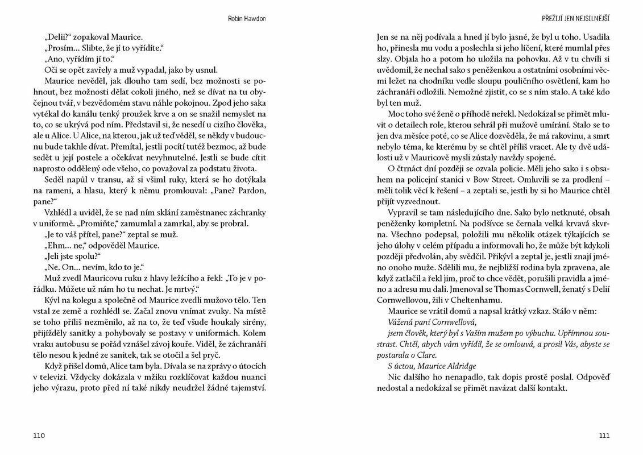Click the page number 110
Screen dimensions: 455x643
click(39, 436)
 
